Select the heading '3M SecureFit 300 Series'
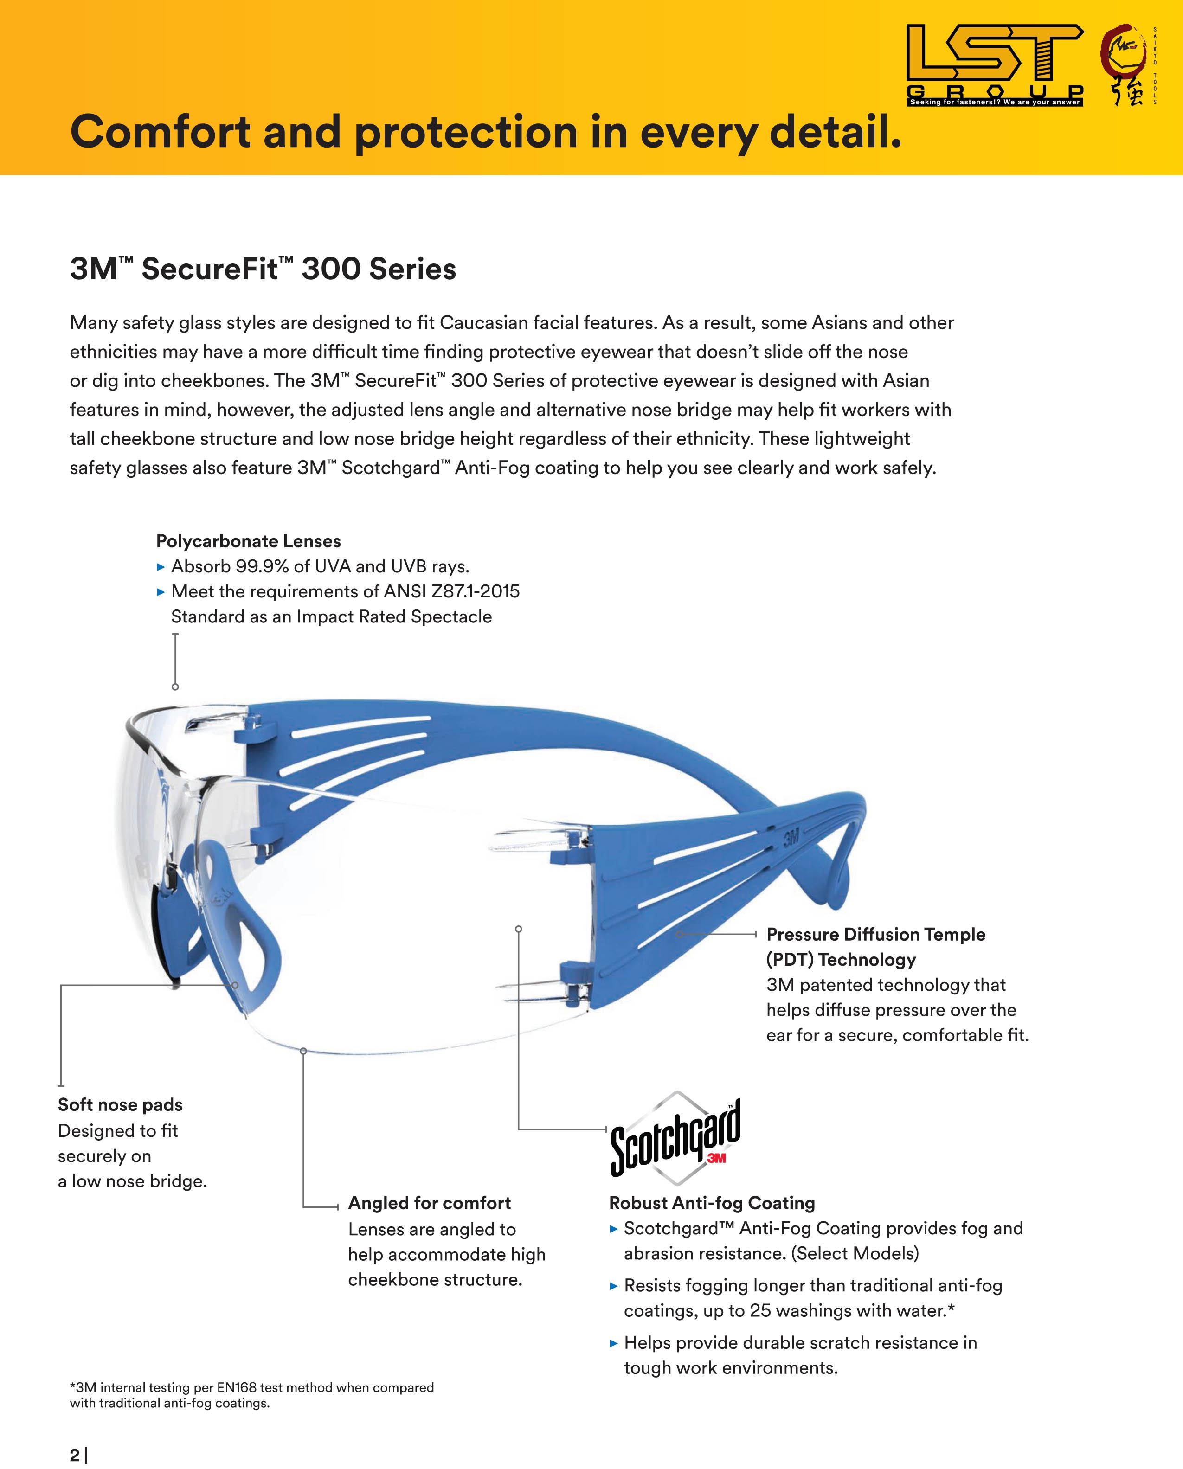click(263, 269)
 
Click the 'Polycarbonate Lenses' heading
click(248, 541)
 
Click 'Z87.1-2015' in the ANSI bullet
click(475, 591)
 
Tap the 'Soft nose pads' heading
click(120, 1104)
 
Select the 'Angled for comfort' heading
click(429, 1203)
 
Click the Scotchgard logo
click(675, 1137)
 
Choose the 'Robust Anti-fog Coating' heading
click(712, 1203)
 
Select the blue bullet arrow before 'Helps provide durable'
click(613, 1343)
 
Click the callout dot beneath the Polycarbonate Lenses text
click(175, 687)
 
